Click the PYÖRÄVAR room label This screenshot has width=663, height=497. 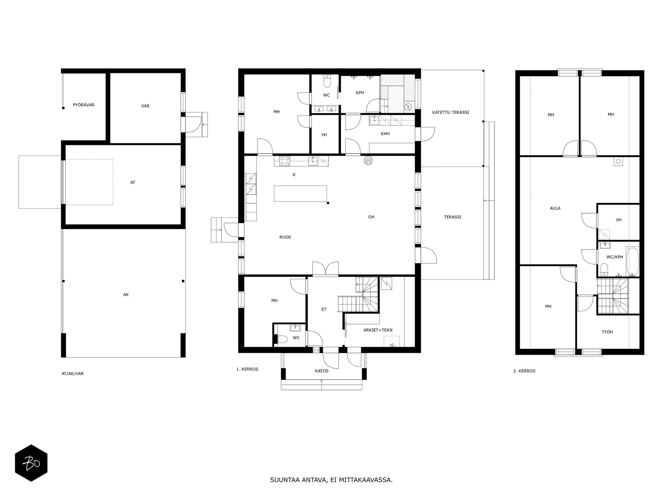click(84, 105)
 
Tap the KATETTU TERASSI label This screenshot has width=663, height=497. click(451, 112)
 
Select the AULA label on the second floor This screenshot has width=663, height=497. click(555, 208)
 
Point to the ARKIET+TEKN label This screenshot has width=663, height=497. click(378, 330)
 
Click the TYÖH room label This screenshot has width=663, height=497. click(607, 332)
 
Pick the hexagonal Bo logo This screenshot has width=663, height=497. click(31, 463)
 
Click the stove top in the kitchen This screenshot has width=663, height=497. click(285, 161)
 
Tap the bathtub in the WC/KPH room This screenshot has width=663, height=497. click(633, 261)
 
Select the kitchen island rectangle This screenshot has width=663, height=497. click(300, 194)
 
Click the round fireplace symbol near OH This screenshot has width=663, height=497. click(368, 161)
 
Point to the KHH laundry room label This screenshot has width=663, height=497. click(385, 134)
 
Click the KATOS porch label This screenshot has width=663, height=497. click(321, 371)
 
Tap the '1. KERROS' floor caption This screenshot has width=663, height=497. click(247, 369)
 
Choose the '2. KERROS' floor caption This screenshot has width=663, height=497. click(524, 371)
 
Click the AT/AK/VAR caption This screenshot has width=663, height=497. click(73, 373)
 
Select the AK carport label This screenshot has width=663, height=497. click(126, 294)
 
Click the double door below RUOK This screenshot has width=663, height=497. click(325, 269)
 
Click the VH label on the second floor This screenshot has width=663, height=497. click(618, 220)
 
